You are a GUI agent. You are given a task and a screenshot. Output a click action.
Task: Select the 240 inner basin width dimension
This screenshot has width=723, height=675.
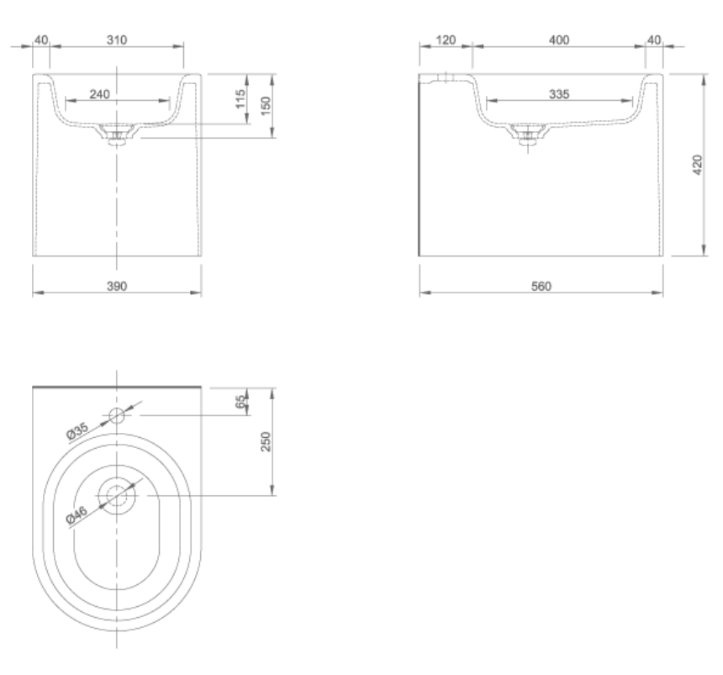99,95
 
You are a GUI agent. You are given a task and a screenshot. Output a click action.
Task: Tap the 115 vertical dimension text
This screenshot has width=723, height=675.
241,99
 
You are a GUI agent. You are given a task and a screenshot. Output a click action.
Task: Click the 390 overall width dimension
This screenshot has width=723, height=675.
116,286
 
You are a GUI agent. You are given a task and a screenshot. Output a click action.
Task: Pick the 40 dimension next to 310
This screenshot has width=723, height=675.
40,40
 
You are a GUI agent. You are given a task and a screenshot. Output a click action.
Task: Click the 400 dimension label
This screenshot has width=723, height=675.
558,40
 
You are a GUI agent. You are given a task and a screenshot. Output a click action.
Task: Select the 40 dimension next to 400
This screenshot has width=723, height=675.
654,40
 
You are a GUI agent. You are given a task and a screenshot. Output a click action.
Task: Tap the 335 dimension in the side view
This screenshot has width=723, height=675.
558,95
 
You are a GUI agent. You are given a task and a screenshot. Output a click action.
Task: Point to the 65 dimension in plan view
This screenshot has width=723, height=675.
240,401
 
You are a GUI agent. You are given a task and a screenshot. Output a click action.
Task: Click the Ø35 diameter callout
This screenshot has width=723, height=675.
77,430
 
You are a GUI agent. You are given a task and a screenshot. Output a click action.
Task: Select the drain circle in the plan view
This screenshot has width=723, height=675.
117,496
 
